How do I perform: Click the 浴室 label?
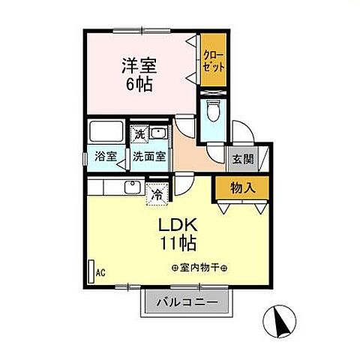pyautogui.click(x=106, y=157)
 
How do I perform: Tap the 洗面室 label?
pyautogui.click(x=149, y=157)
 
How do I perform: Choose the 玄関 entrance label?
pyautogui.click(x=241, y=158)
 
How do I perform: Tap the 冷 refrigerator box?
pyautogui.click(x=157, y=193)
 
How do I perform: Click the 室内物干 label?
pyautogui.click(x=199, y=268)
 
